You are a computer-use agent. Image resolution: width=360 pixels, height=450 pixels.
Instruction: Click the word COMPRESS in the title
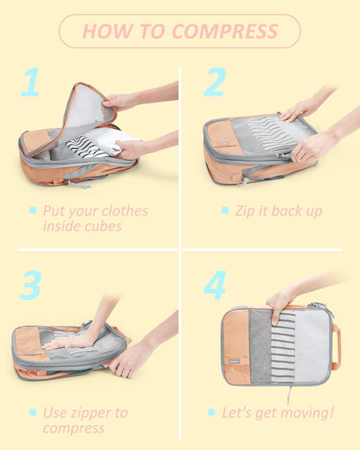point(225,32)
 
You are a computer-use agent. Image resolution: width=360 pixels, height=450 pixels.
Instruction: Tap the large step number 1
point(31,83)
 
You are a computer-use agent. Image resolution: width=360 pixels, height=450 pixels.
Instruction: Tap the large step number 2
point(215,83)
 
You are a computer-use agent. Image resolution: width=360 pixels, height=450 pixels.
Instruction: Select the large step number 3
point(30,285)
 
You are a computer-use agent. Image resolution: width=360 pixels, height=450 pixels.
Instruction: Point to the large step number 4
point(215,285)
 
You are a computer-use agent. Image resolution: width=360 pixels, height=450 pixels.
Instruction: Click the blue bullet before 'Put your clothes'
point(33,210)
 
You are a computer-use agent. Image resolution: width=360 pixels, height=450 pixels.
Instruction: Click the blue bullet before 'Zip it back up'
point(224,210)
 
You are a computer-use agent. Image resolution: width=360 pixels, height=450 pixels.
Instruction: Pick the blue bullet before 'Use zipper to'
point(33,412)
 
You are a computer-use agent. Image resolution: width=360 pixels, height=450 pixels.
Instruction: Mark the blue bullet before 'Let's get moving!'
point(211,412)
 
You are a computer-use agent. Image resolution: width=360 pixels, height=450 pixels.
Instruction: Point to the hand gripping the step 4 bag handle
point(280,302)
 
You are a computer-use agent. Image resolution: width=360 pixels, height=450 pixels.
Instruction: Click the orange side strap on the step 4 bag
point(336,346)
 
